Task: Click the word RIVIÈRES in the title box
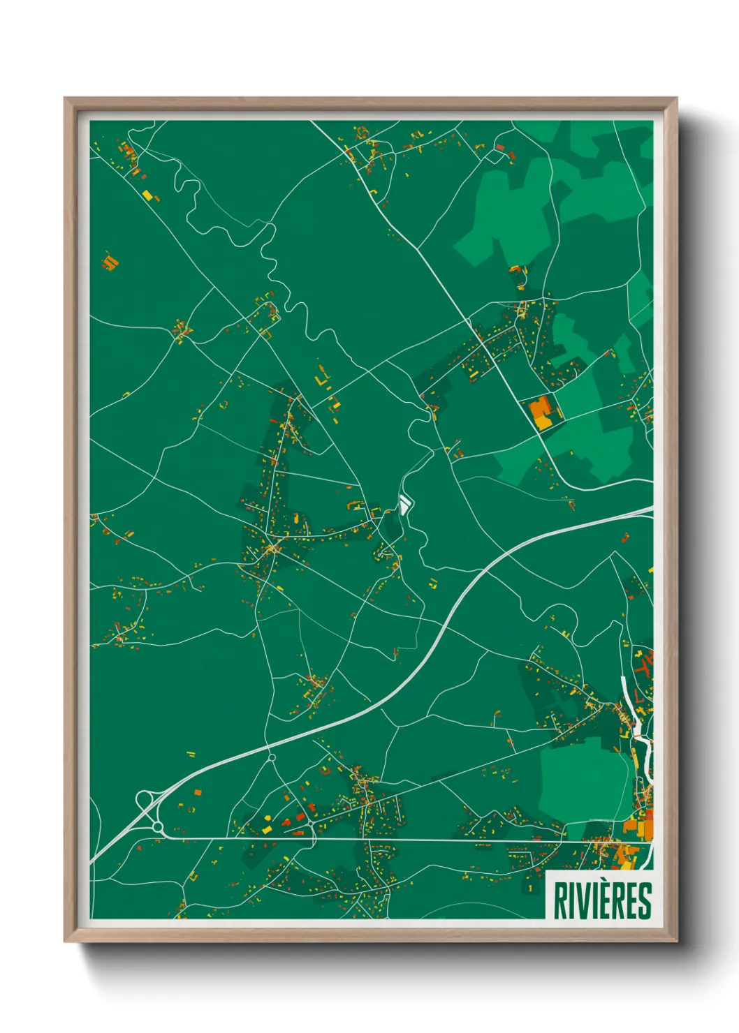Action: (602, 900)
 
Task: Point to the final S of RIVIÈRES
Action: (645, 901)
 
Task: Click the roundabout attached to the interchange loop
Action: (158, 827)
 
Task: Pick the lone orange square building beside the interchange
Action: (198, 792)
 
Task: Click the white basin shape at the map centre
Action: (404, 503)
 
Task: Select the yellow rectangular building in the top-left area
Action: (147, 195)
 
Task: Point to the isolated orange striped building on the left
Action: (110, 262)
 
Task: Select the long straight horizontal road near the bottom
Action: (419, 840)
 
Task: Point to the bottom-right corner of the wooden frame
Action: (676, 940)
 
